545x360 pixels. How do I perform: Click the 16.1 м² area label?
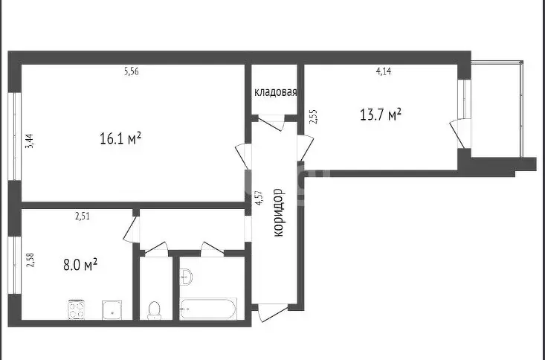[120, 138]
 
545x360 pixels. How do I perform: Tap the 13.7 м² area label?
[381, 115]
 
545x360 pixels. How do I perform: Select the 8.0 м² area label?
[80, 265]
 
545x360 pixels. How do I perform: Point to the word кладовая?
[276, 92]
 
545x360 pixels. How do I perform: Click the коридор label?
[278, 213]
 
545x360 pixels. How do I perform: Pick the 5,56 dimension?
[132, 71]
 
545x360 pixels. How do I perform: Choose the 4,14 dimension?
[384, 71]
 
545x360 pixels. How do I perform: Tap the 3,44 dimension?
[30, 141]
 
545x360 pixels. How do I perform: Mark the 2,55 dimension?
[313, 117]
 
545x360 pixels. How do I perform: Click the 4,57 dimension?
[259, 199]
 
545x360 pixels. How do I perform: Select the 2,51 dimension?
[83, 216]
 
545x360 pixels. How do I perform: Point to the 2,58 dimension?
[30, 260]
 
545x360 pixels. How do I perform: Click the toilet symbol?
[154, 310]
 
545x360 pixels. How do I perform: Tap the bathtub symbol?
[208, 309]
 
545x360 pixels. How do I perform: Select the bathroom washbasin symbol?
[186, 277]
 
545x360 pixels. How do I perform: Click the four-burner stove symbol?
[77, 309]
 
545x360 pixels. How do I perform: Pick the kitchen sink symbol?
[112, 310]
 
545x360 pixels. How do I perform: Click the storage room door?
[271, 123]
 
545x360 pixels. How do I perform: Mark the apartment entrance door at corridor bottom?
[273, 312]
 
